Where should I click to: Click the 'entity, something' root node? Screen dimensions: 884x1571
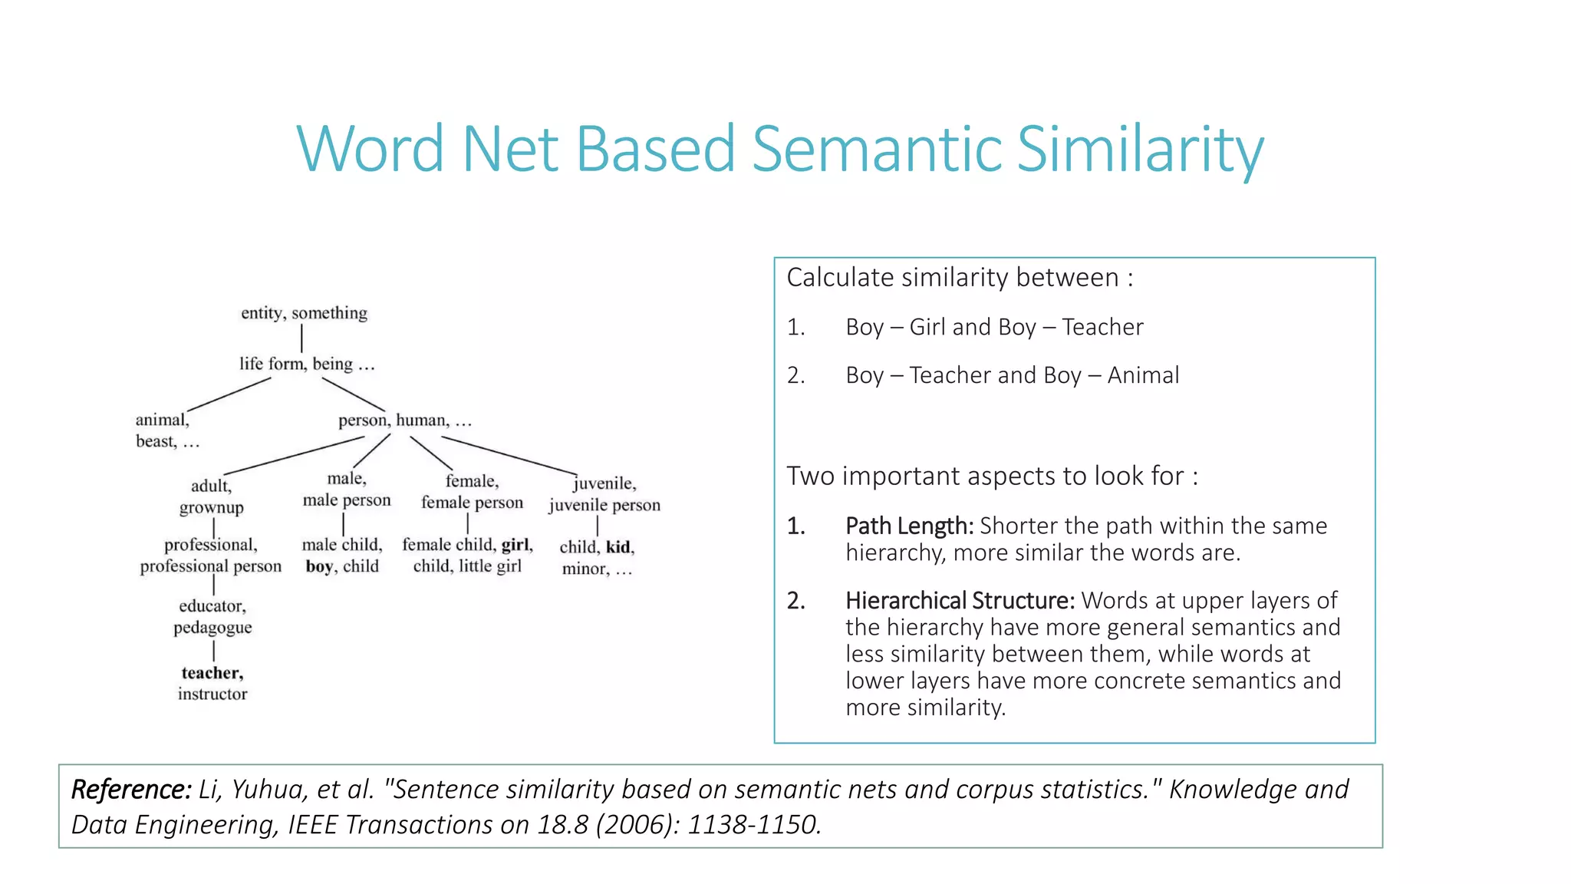point(304,313)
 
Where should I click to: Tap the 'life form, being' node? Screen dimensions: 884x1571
point(306,364)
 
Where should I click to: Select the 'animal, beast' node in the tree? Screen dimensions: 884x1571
point(166,430)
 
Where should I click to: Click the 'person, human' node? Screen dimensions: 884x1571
point(404,421)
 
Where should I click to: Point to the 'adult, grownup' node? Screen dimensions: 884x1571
point(212,496)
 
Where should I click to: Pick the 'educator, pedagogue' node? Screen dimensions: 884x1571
point(212,617)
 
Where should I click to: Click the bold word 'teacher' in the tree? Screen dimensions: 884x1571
point(212,673)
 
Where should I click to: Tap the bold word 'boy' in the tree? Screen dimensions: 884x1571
point(319,567)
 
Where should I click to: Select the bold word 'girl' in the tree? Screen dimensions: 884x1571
point(515,545)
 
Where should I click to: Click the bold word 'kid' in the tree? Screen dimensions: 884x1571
point(618,547)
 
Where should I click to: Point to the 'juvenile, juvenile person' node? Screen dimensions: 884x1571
point(604,494)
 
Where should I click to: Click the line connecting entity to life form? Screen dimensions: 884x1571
point(302,338)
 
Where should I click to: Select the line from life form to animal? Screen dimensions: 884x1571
point(229,394)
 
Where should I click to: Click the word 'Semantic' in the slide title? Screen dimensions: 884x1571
point(877,149)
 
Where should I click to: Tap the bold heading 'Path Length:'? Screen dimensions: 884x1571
point(909,526)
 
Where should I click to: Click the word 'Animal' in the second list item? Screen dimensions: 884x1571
point(1143,375)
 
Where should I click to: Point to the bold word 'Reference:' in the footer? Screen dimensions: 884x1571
point(131,789)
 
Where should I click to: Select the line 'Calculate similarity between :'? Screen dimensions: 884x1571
point(960,278)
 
